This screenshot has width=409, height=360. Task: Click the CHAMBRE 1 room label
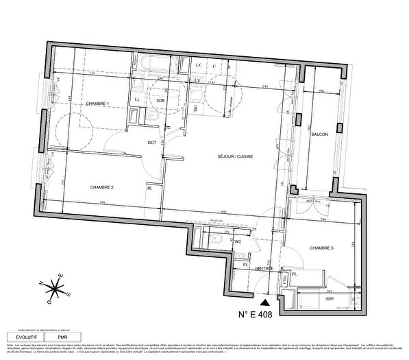98,103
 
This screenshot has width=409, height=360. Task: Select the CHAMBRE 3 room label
321,248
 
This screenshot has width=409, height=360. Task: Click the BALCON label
318,135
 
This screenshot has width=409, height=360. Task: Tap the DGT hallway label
153,142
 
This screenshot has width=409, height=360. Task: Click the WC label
238,241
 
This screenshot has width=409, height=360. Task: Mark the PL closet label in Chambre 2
149,191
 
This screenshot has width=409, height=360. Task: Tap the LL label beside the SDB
138,100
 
